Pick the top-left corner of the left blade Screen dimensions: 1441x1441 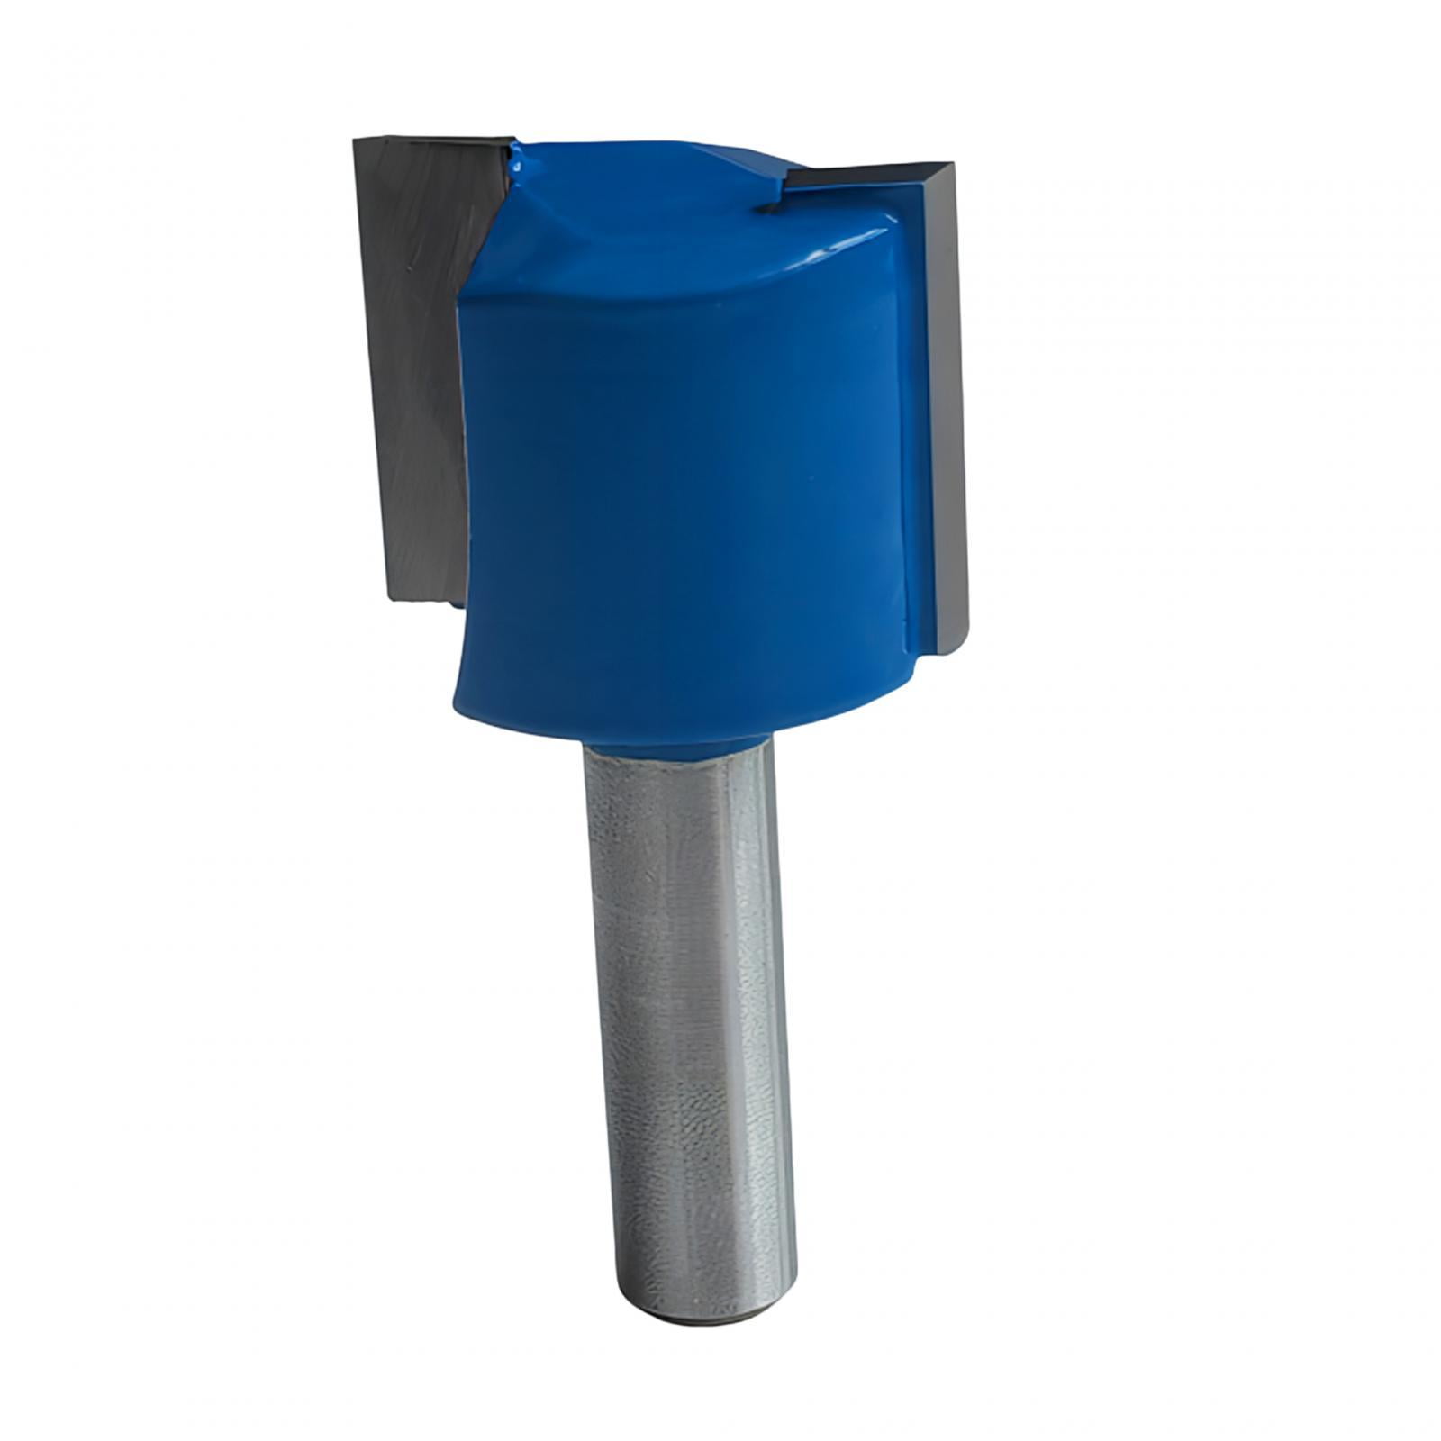(357, 140)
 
